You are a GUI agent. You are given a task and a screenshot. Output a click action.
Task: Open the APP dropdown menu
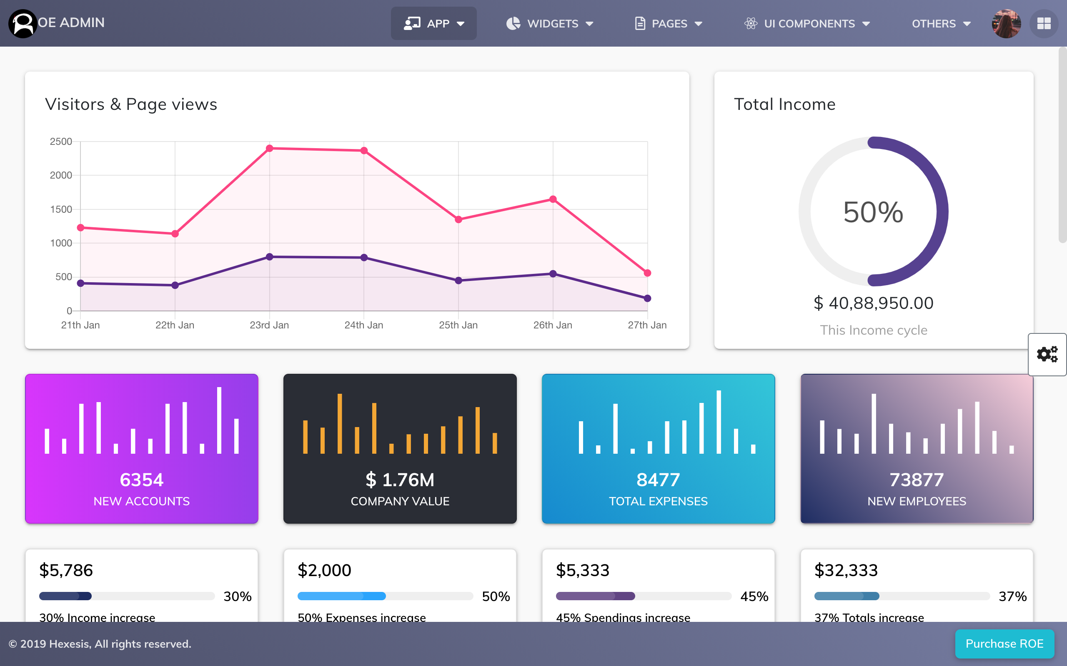(434, 23)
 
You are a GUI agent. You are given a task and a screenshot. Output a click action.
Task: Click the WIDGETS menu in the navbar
(550, 23)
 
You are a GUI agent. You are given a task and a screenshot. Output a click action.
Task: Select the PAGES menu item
(669, 23)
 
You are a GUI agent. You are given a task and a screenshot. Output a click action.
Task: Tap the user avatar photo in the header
(1006, 23)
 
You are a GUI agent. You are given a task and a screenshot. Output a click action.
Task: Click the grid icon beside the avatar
(1044, 23)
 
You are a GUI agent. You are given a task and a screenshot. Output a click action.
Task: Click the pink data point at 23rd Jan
(269, 149)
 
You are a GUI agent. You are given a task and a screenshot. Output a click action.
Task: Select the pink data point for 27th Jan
(647, 273)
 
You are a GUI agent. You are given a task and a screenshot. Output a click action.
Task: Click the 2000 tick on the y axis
(61, 175)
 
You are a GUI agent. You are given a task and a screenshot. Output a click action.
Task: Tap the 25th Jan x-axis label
(458, 325)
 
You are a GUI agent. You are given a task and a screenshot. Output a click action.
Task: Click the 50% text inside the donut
(873, 212)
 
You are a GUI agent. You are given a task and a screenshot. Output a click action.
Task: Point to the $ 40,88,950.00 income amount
(873, 303)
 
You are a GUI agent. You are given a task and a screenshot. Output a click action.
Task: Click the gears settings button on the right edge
(1047, 354)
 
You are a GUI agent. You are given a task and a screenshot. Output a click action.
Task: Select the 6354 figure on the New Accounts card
(142, 480)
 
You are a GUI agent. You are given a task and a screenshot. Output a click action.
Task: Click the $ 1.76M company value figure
(400, 480)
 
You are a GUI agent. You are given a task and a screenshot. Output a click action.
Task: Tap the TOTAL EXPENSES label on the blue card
(658, 501)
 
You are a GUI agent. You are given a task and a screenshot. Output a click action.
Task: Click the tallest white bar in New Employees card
(874, 423)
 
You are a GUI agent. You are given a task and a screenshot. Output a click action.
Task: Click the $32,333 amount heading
(846, 570)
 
